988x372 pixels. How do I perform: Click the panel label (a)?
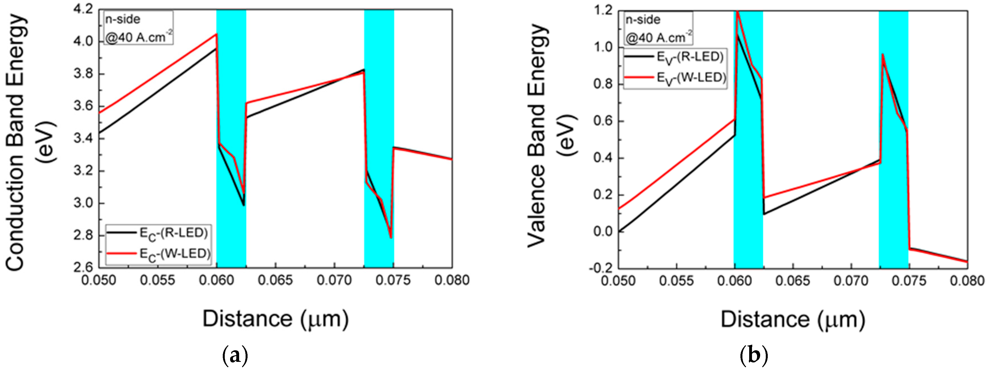point(235,356)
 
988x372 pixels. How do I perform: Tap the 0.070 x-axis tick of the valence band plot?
point(851,281)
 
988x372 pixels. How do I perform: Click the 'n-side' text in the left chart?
point(123,19)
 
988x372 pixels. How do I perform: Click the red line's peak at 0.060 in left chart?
point(216,34)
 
